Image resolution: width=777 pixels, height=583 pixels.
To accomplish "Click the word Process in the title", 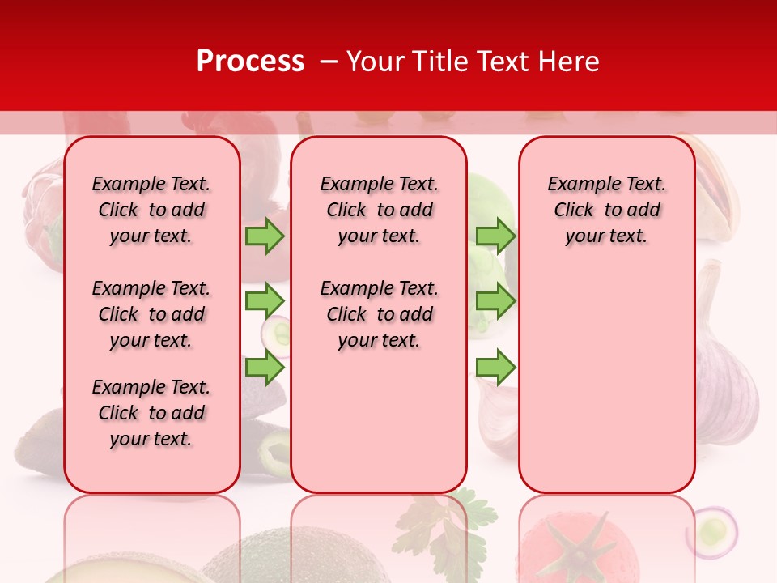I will [x=250, y=61].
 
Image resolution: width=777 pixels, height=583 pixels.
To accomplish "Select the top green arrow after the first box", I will [x=265, y=236].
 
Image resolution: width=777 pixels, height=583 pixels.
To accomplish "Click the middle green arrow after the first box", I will [x=265, y=301].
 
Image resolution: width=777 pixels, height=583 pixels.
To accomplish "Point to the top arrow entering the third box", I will [x=495, y=236].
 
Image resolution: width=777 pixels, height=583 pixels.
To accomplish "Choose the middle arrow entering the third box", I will [x=495, y=301].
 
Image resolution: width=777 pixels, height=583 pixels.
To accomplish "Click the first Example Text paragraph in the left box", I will [x=151, y=210].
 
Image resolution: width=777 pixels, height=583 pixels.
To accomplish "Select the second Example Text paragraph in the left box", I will [x=151, y=314].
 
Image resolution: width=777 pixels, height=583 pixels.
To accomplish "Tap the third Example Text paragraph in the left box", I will [x=151, y=413].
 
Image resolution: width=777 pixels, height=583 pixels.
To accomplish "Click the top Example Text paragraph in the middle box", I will [x=379, y=210].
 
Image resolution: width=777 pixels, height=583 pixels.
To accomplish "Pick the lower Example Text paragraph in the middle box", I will [x=379, y=314].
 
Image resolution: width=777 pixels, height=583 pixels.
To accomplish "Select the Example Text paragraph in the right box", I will [x=606, y=210].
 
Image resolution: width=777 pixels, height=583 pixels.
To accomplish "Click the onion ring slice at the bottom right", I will [x=712, y=532].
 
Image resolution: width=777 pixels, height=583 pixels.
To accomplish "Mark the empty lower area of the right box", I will [x=606, y=381].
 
